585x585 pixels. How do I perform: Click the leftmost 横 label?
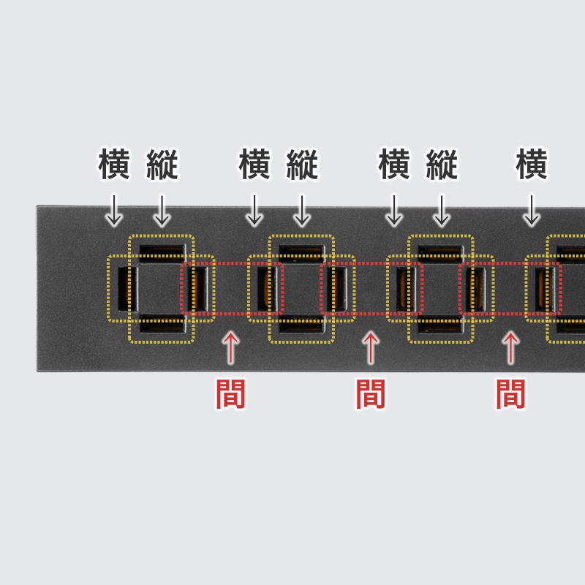tap(114, 164)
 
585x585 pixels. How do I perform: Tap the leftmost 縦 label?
tap(162, 164)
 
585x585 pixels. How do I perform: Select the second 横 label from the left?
tap(254, 164)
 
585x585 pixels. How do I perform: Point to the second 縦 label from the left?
tap(302, 164)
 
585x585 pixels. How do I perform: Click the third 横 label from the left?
tap(394, 164)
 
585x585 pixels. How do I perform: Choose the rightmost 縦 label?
tap(442, 164)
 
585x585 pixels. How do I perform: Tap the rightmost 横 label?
tap(532, 164)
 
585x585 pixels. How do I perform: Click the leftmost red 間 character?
tap(230, 394)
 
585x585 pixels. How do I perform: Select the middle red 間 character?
tap(371, 394)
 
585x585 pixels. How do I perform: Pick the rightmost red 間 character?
tap(510, 394)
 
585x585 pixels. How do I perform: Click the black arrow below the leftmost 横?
tap(114, 211)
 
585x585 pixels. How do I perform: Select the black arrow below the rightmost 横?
tap(532, 211)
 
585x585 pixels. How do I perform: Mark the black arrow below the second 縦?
tap(302, 211)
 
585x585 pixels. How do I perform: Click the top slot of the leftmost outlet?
tap(162, 253)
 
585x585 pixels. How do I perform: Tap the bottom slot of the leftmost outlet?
tap(162, 323)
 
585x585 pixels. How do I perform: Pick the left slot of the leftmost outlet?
tap(127, 289)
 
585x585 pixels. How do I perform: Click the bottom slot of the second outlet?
tap(302, 323)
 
